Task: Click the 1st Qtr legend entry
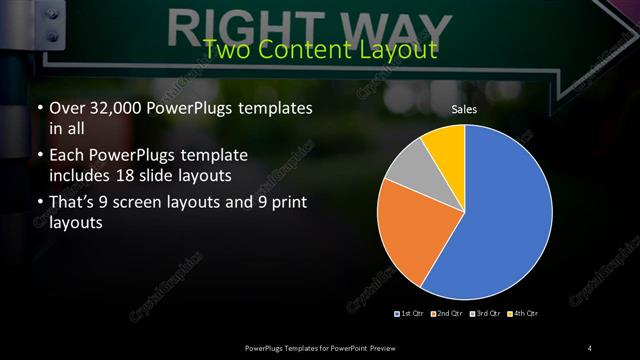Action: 410,314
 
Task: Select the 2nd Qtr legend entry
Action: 446,314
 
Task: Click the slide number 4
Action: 591,347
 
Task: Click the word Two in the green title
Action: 225,50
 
